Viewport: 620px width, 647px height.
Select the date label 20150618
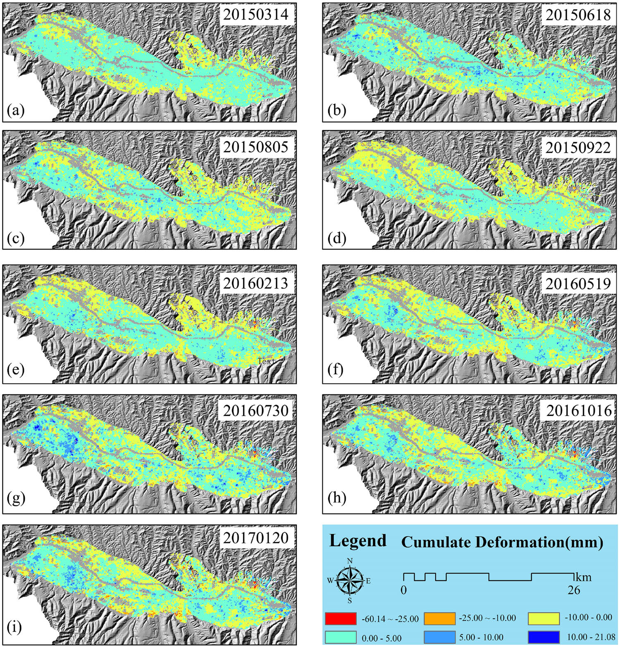(x=578, y=15)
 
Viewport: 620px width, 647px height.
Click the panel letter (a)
(x=16, y=110)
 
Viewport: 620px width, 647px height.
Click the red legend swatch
(x=341, y=618)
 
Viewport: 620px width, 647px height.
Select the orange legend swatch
(x=440, y=618)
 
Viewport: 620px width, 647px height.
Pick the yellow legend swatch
(x=544, y=618)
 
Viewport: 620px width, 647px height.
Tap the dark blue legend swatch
(x=544, y=637)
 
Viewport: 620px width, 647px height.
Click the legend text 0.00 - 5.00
(x=381, y=638)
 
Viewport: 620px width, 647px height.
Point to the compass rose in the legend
(x=350, y=580)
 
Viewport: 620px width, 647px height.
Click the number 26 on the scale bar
(x=573, y=590)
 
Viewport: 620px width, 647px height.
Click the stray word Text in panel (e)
(x=266, y=361)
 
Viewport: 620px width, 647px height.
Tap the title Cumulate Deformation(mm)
(x=502, y=542)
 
